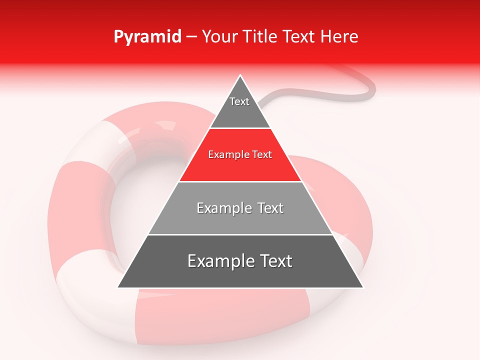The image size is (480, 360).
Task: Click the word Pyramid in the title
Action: (x=147, y=37)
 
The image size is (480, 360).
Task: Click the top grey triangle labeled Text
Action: (x=240, y=110)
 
